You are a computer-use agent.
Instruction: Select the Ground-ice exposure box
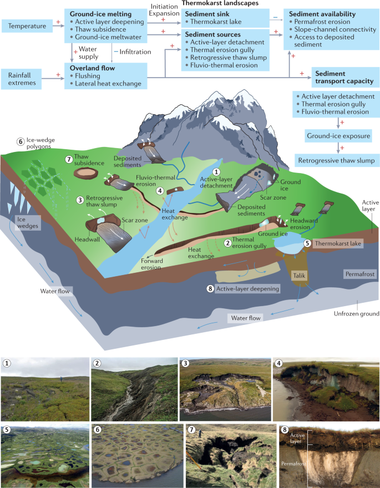338,135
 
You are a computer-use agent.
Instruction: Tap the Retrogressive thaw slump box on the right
338,160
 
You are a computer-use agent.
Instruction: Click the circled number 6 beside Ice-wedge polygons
21,141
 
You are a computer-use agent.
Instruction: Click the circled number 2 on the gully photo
98,364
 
